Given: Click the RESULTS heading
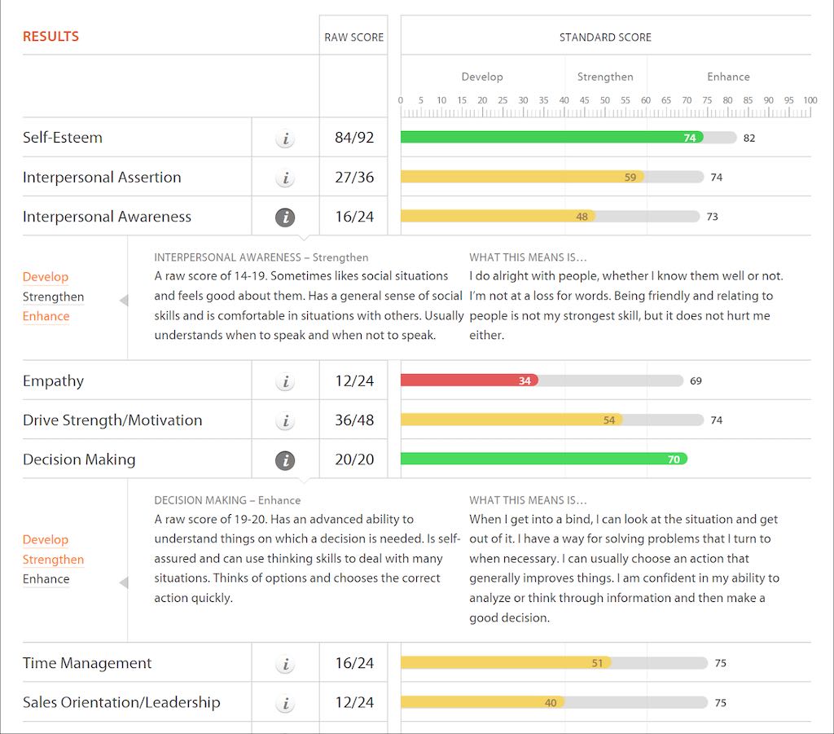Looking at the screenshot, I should pyautogui.click(x=50, y=37).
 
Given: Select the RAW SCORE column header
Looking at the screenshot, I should pyautogui.click(x=353, y=37).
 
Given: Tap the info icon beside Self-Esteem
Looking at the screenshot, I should pyautogui.click(x=284, y=138).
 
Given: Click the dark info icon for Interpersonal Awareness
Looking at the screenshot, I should pyautogui.click(x=284, y=218).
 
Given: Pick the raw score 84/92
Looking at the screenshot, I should pyautogui.click(x=354, y=138).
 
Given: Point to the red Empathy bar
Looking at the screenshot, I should pyautogui.click(x=468, y=380).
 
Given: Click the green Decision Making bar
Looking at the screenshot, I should pyautogui.click(x=543, y=459).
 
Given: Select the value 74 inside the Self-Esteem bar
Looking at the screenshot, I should pyautogui.click(x=690, y=138).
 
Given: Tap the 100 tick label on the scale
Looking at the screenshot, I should pyautogui.click(x=810, y=100).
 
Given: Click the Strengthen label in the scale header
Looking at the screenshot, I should pyautogui.click(x=605, y=77).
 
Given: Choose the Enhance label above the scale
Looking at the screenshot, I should pyautogui.click(x=728, y=77).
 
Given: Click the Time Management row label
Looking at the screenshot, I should pyautogui.click(x=87, y=663).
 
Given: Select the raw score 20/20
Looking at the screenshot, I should pyautogui.click(x=354, y=459).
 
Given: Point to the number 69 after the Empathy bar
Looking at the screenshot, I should pyautogui.click(x=696, y=380).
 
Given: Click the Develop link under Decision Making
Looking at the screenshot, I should pyautogui.click(x=46, y=539).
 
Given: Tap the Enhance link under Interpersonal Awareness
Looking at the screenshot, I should pyautogui.click(x=46, y=316).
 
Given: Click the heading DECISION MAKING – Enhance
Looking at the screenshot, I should pyautogui.click(x=227, y=500).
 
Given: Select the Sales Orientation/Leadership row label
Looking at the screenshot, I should pyautogui.click(x=121, y=702).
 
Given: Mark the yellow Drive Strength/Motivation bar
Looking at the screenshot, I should pyautogui.click(x=511, y=420).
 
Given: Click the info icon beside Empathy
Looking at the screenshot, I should pyautogui.click(x=284, y=381).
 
